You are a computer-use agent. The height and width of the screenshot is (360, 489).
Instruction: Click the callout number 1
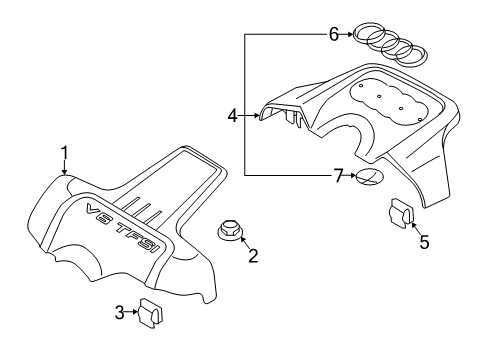[x=64, y=153]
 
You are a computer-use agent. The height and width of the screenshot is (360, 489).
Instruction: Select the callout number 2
[x=253, y=256]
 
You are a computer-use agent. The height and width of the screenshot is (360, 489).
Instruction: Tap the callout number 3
[x=119, y=313]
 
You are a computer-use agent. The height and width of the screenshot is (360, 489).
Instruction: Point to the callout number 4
[x=232, y=116]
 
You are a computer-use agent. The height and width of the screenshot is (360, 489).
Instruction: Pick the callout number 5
[x=424, y=242]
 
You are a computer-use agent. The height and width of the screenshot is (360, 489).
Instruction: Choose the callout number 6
[x=334, y=34]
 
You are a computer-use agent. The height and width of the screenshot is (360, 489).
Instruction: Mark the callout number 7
[x=338, y=175]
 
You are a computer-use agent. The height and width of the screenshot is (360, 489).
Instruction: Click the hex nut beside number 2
[x=229, y=229]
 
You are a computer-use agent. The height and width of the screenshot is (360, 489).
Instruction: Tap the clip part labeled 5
[x=402, y=212]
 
